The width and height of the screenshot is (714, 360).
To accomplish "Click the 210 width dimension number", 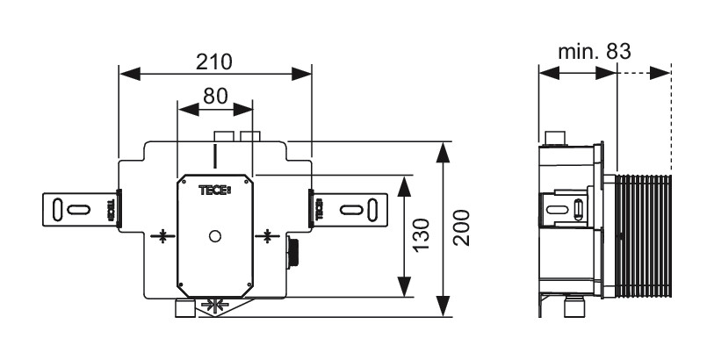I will (x=213, y=62).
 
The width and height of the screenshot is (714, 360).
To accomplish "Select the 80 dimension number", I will (x=215, y=96).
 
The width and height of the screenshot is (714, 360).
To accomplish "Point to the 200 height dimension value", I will (x=463, y=228).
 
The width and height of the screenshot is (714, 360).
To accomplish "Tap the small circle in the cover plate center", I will (x=215, y=235).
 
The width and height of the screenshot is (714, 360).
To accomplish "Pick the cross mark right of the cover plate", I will (x=268, y=235).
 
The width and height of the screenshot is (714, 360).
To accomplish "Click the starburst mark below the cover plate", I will (x=214, y=306).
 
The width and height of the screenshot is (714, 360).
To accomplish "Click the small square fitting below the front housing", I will (x=184, y=308).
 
